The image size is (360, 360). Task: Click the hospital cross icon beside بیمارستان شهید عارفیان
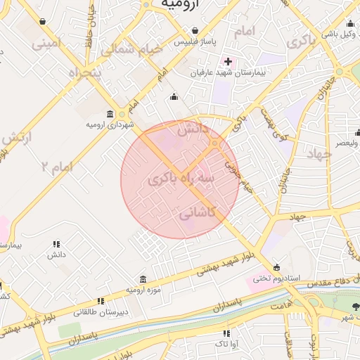click(228, 61)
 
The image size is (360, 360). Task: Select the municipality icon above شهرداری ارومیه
click(110, 114)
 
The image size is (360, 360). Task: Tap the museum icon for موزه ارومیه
click(143, 279)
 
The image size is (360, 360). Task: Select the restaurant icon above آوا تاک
click(226, 333)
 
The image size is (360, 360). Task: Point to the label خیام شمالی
click(132, 50)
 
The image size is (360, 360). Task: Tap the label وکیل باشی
click(340, 32)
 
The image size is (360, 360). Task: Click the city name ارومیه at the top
click(181, 5)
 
